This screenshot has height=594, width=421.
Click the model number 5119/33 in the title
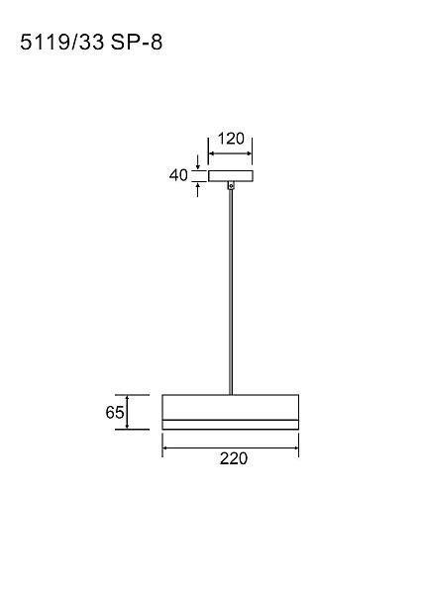coord(61,42)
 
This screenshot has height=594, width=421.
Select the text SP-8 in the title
coord(137,42)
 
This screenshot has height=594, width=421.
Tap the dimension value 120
coord(231,139)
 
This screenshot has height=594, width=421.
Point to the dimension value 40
coord(178,175)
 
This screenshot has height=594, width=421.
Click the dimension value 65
coord(115,412)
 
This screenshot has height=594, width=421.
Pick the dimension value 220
coord(234,458)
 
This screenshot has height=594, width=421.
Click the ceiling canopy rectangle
coord(231,176)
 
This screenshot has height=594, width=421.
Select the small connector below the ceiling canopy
coord(231,186)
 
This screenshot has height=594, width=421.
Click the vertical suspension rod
coord(231,292)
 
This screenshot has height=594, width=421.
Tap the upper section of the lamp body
coord(231,407)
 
